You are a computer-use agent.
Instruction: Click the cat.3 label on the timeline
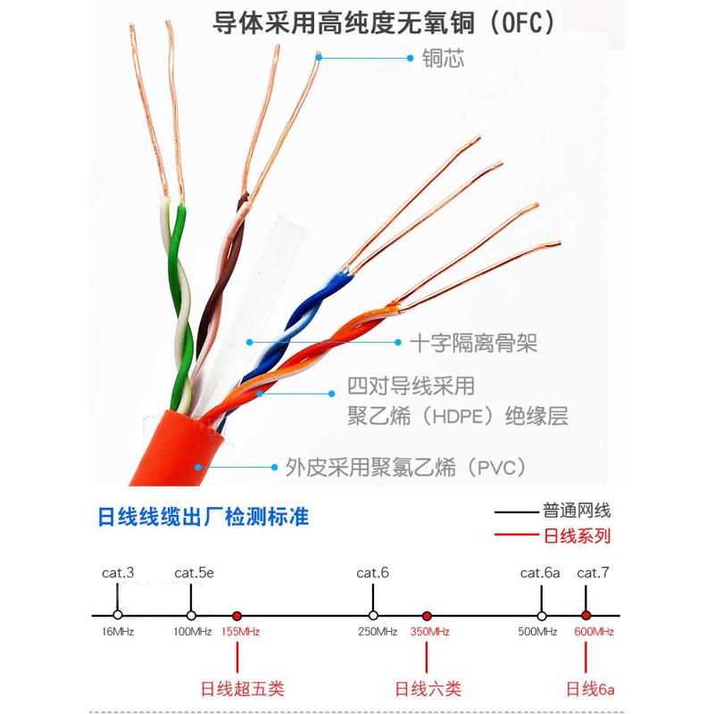pos(118,572)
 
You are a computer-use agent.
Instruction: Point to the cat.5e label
pos(194,572)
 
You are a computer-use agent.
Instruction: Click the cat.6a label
pos(540,572)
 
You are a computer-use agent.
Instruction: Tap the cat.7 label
pos(593,572)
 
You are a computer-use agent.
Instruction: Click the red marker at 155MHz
pos(237,616)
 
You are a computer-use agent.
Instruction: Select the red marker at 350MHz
pos(427,616)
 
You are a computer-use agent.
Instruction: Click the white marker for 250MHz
pos(373,616)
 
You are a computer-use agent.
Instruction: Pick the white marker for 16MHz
pos(118,616)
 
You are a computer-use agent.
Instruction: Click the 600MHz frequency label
pos(593,632)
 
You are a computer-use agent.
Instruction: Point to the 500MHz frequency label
pos(540,632)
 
